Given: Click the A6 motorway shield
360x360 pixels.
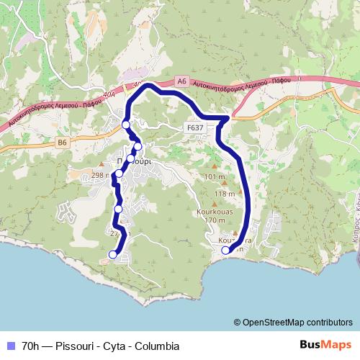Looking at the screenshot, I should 181,82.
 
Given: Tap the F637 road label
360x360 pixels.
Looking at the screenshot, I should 194,127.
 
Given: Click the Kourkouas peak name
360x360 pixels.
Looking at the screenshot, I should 215,212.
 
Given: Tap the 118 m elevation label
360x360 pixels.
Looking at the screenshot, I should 225,194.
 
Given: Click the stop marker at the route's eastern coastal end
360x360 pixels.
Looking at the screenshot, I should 226,251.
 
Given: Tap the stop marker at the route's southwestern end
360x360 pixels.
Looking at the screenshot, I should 112,253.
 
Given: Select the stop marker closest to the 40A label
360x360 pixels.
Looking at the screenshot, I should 126,125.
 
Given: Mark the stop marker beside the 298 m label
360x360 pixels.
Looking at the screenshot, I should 118,174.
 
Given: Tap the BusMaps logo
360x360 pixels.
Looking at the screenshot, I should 325,345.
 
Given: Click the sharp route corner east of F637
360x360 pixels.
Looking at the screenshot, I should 228,117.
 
